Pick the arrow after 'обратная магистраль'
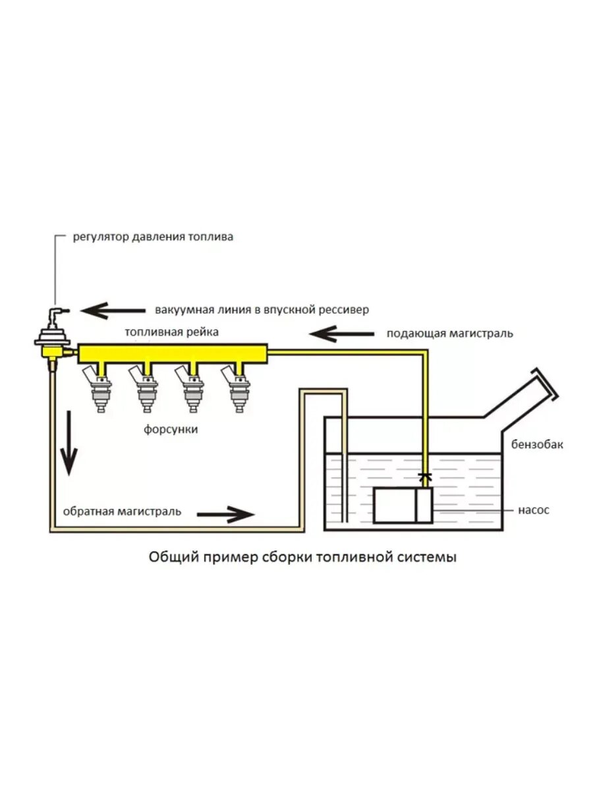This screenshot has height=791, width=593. click(231, 512)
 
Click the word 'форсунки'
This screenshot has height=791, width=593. click(171, 429)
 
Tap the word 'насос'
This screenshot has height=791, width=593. click(534, 510)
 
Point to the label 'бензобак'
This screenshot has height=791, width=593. click(537, 444)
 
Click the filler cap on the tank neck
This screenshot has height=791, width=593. click(547, 386)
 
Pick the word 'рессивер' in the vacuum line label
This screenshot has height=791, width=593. click(345, 309)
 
